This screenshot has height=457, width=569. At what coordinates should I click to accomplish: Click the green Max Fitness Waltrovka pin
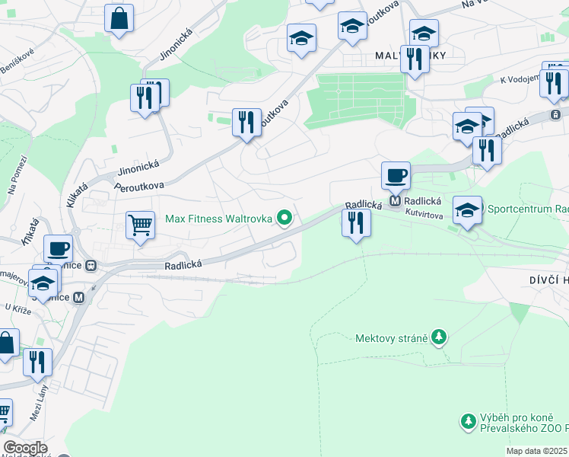pos(285,219)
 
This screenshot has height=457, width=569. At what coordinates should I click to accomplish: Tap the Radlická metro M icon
pos(395,202)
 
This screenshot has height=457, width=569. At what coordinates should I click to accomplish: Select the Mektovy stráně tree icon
pos(437,337)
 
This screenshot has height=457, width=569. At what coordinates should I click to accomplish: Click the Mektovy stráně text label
pos(391,337)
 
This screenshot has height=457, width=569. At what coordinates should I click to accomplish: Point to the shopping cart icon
pos(141,225)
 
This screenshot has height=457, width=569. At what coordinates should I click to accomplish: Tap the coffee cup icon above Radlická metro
pos(396,175)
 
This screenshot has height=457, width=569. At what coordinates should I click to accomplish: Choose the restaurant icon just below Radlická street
pos(355,222)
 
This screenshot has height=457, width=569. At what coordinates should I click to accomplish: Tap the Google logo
pos(24,448)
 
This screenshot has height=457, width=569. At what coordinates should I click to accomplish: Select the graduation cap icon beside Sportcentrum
pos(467,209)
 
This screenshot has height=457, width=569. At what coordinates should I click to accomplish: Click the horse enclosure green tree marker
pos(469,420)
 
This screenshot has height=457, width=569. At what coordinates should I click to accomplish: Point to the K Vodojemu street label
pos(519,78)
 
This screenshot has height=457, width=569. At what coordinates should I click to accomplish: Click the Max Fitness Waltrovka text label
pos(218,219)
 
